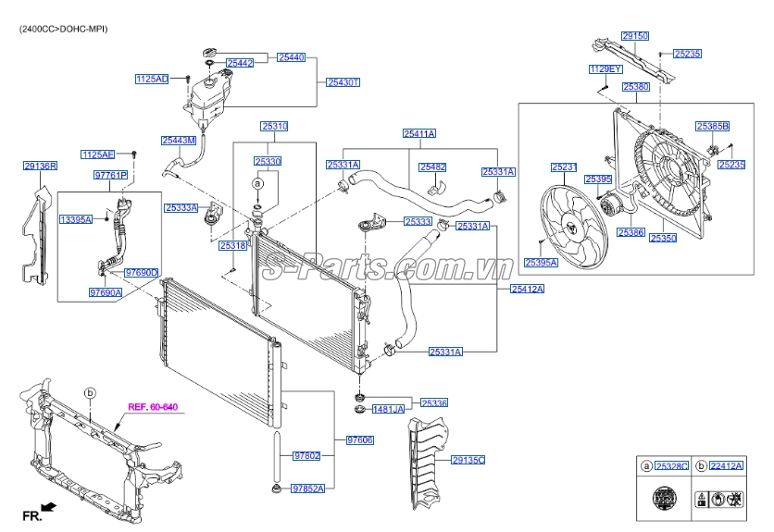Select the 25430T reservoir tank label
pos(342,82)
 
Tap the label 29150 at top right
pos(635,36)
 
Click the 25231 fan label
pos(564,167)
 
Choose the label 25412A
pos(527,290)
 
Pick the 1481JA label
pos(388,409)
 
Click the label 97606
pos(359,440)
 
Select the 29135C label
pos(468,460)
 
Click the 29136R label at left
pos(41,167)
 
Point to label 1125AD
pos(152,80)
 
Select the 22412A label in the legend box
pos(726,466)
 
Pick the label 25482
pos(432,167)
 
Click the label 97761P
pos(110,175)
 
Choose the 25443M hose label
pos(179,141)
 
